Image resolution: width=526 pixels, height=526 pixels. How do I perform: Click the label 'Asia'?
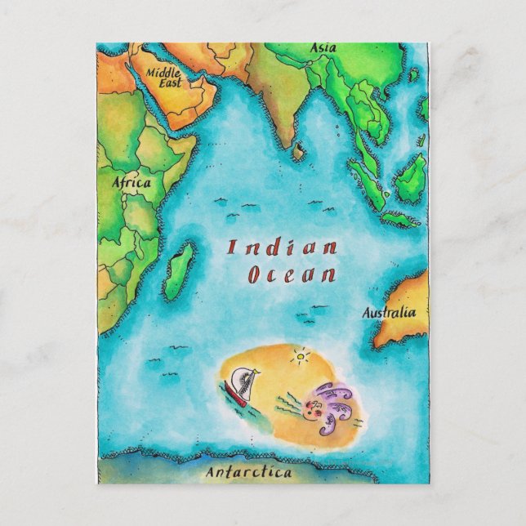pyautogui.click(x=323, y=48)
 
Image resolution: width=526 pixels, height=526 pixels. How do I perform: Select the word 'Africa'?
pyautogui.click(x=131, y=183)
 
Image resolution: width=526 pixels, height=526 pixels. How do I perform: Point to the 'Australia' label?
pyautogui.click(x=389, y=312)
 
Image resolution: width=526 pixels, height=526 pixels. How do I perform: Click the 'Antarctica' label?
pyautogui.click(x=248, y=472)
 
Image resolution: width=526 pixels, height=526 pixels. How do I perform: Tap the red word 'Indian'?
pyautogui.click(x=282, y=247)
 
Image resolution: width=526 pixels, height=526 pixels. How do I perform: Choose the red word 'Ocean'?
pyautogui.click(x=291, y=274)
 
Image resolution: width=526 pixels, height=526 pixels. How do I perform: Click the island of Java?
pyautogui.click(x=401, y=219)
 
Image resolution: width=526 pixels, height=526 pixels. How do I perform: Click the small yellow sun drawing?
pyautogui.click(x=303, y=357)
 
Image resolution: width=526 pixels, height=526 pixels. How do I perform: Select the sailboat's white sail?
pyautogui.click(x=241, y=380)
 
